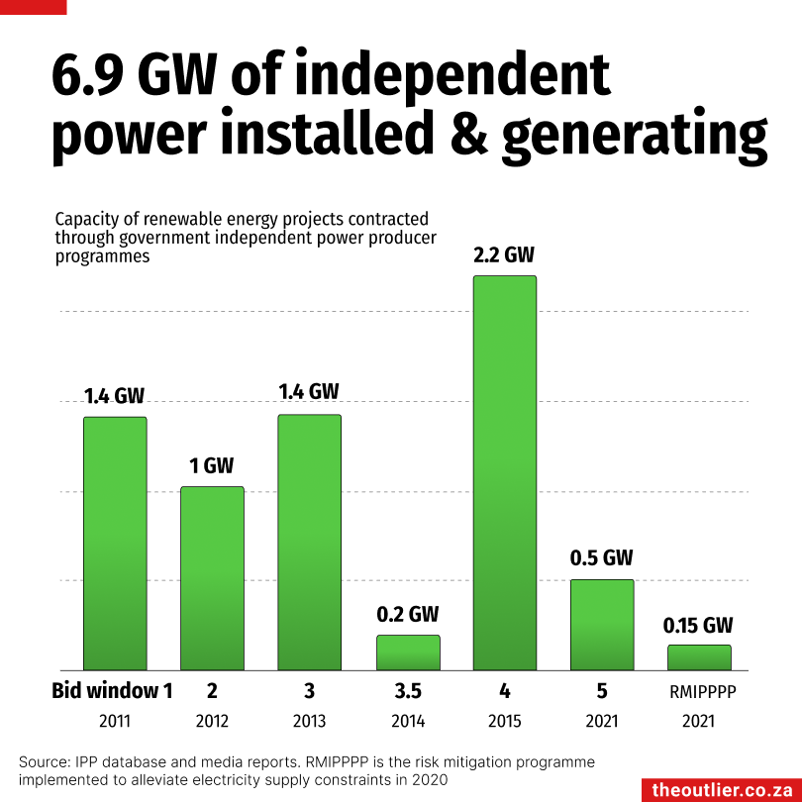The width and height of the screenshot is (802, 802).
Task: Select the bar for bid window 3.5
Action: click(408, 652)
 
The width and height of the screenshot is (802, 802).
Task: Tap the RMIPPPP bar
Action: click(699, 657)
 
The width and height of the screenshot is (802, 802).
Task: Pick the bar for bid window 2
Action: click(212, 578)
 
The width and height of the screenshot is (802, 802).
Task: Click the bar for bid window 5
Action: click(602, 625)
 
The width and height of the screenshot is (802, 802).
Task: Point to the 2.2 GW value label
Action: click(505, 255)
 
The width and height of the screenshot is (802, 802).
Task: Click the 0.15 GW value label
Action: click(698, 626)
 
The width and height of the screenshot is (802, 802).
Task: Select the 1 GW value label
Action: click(211, 465)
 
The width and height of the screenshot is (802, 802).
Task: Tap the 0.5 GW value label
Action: click(601, 558)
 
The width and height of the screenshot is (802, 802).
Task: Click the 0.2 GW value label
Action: click(407, 615)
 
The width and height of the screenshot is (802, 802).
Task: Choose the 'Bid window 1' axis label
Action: click(112, 691)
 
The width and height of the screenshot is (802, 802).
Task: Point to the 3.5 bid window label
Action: click(408, 691)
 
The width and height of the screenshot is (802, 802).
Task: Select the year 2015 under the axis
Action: click(505, 722)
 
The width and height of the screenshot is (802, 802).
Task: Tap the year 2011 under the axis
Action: click(114, 722)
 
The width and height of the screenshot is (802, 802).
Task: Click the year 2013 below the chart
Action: click(309, 722)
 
